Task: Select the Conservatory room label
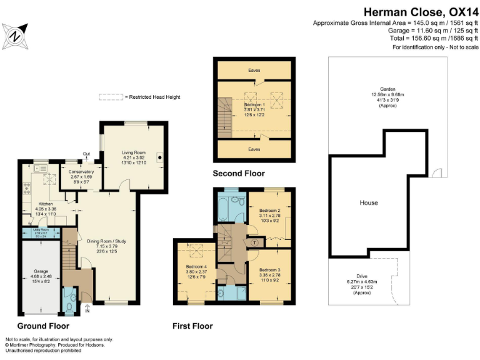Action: tap(81, 172)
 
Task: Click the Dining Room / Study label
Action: tap(106, 241)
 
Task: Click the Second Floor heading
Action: tap(239, 173)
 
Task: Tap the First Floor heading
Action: tap(192, 326)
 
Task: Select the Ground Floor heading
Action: tap(43, 326)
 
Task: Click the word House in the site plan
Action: tap(369, 203)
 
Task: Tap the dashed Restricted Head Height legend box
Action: tap(110, 97)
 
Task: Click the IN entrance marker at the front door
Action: tap(87, 310)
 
